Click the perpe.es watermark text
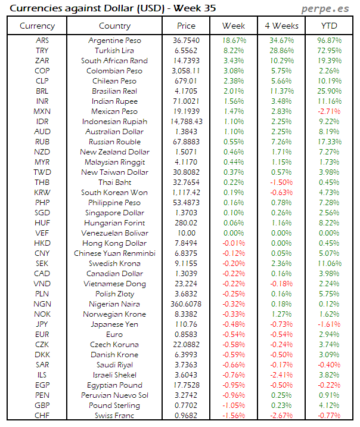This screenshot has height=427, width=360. point(325,8)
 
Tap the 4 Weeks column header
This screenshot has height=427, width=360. point(281,26)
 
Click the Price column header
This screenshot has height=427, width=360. point(186,26)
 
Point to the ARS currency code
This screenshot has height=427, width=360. point(42,41)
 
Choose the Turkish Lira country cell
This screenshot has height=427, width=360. point(114,51)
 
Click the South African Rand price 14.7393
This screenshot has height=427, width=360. point(186,61)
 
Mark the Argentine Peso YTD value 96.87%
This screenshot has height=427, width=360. point(329,41)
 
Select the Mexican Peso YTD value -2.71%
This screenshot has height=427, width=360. point(329,112)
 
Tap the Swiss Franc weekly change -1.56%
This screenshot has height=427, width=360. point(234,416)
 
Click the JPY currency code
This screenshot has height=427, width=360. point(42,324)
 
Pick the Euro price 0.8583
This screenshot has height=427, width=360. point(186,335)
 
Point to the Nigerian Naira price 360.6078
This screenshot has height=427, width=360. point(186,304)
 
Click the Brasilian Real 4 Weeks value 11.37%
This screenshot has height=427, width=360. point(281,91)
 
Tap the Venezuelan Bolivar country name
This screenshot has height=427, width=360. point(114,233)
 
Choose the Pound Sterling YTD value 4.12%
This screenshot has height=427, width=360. point(329,406)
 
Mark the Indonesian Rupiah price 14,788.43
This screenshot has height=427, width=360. point(186,122)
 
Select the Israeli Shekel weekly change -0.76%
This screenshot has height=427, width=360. point(234,375)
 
